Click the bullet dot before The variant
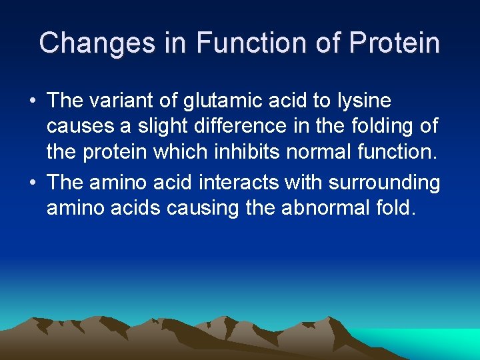(x=32, y=102)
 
